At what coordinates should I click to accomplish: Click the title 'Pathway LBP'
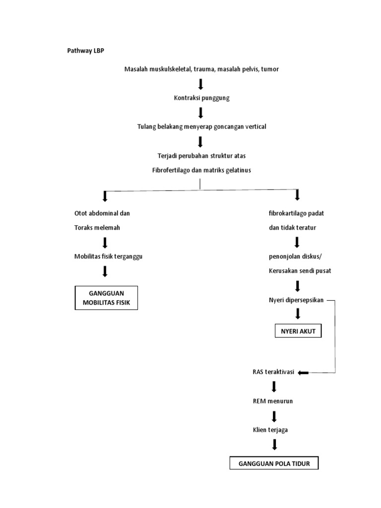85,51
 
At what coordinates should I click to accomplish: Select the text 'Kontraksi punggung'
201,98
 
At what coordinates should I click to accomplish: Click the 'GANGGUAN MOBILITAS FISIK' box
106,298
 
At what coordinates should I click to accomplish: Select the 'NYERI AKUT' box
298,331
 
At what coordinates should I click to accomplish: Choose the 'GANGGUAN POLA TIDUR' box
274,463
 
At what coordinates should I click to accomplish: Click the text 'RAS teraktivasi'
273,372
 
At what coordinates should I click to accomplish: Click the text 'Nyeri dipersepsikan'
296,300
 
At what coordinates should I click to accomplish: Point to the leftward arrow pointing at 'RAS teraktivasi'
303,373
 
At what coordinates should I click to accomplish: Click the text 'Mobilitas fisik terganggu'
109,256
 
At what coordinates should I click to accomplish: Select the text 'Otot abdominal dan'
102,213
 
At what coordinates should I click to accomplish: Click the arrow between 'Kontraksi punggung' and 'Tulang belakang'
201,113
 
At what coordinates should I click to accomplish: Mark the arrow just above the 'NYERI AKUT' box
298,314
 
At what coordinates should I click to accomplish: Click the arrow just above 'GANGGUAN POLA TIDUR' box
274,445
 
